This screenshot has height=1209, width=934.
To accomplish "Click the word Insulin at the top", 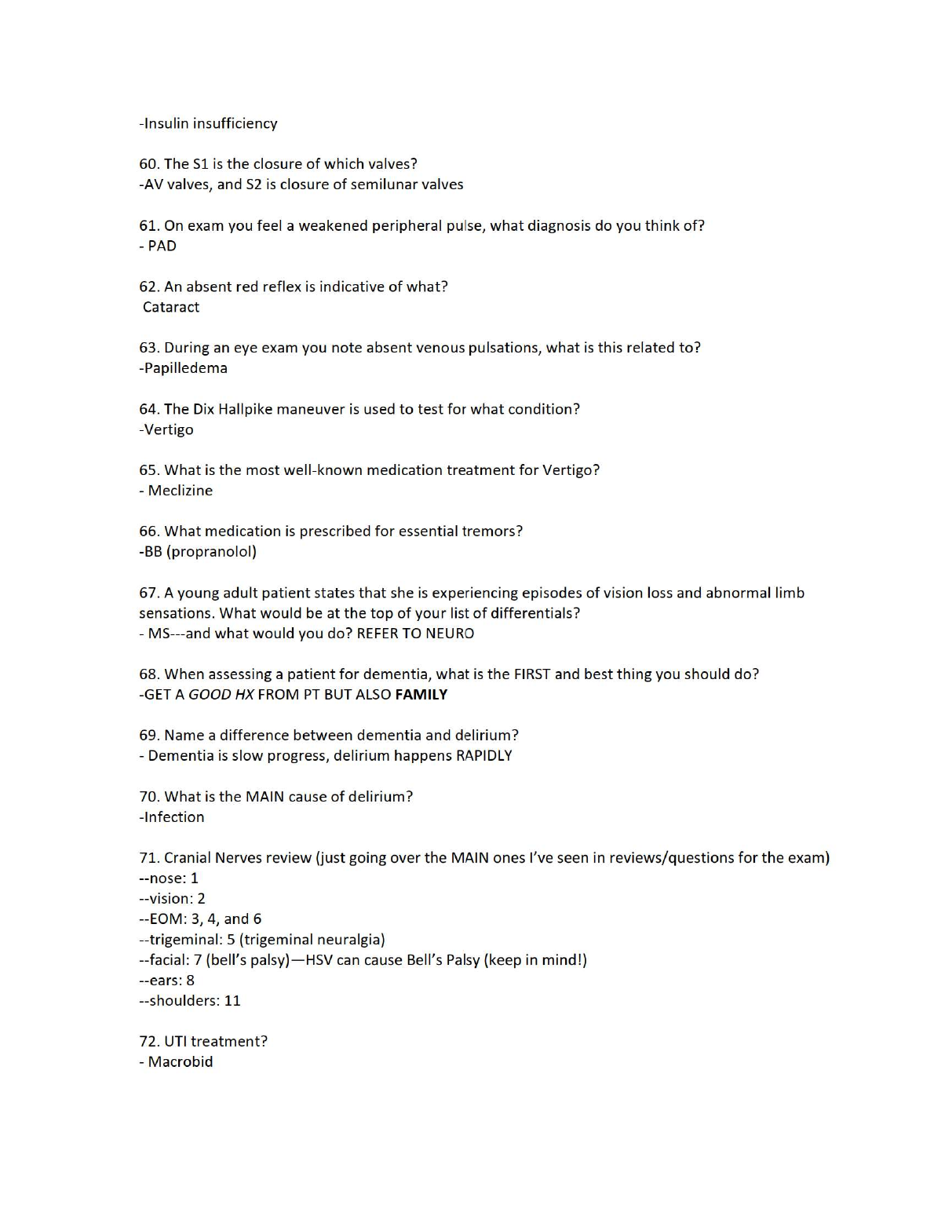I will (166, 123).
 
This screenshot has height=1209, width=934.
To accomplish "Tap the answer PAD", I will (162, 246).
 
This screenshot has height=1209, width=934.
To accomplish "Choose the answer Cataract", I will (171, 307).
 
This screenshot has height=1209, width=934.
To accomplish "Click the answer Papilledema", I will (185, 368).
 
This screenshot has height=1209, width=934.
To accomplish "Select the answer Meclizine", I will (181, 491).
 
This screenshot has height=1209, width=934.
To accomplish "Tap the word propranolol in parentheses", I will (211, 552).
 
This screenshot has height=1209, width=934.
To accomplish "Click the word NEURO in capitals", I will (450, 634).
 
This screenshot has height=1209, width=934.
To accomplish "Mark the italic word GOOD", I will (210, 695).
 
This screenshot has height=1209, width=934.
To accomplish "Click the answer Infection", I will (173, 817).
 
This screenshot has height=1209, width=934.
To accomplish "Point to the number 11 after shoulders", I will (232, 1001).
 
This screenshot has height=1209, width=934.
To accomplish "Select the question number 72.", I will (149, 1042).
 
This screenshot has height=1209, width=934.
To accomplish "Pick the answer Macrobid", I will (181, 1062).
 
